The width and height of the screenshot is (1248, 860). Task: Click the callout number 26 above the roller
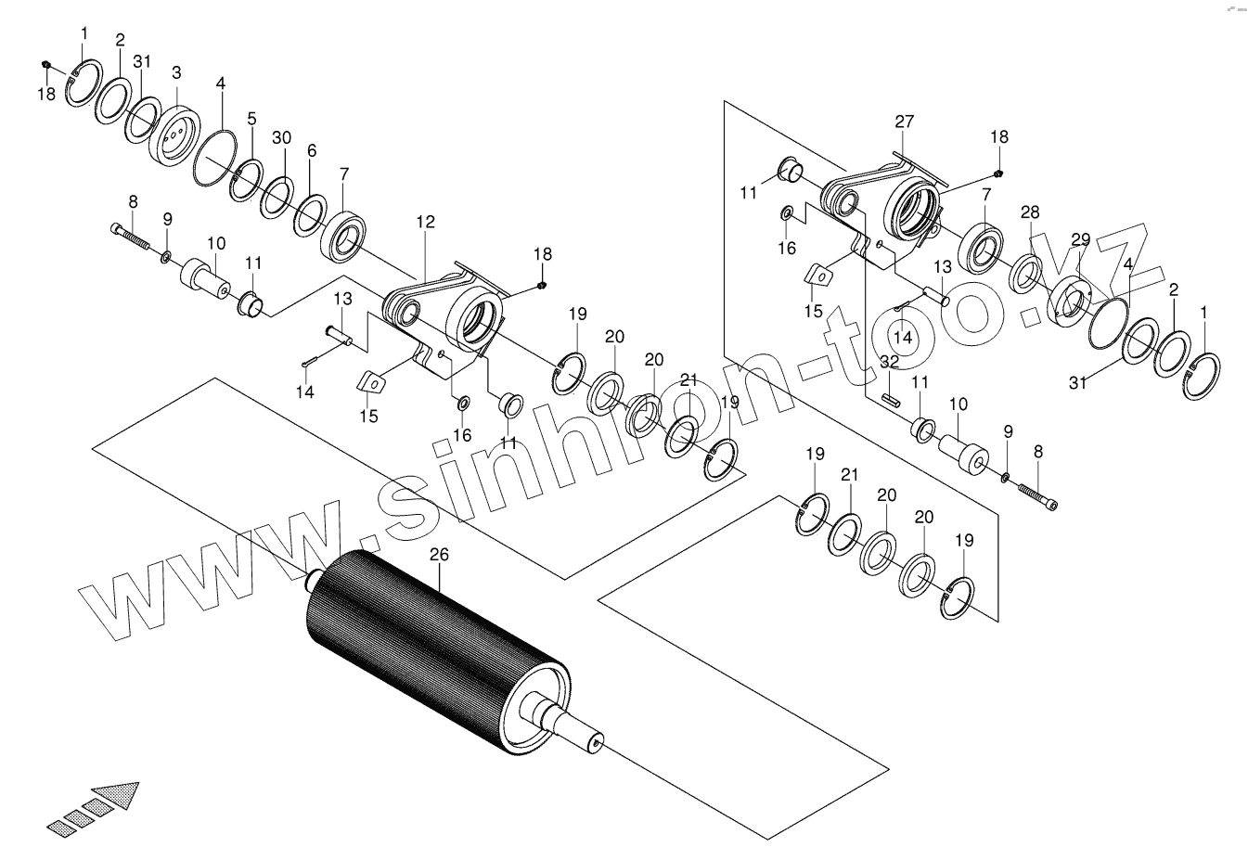[439, 555]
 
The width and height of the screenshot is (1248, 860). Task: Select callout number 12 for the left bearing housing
[425, 223]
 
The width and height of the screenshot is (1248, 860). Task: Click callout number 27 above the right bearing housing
[904, 122]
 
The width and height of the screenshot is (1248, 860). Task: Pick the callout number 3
[176, 72]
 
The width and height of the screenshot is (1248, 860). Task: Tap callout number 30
[281, 137]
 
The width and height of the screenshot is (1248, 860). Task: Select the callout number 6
[311, 150]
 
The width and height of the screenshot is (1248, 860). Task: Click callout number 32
[889, 362]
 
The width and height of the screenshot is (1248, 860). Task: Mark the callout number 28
[1030, 212]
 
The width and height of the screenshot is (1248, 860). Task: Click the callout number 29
[1080, 239]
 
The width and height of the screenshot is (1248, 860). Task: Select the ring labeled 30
[277, 198]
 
